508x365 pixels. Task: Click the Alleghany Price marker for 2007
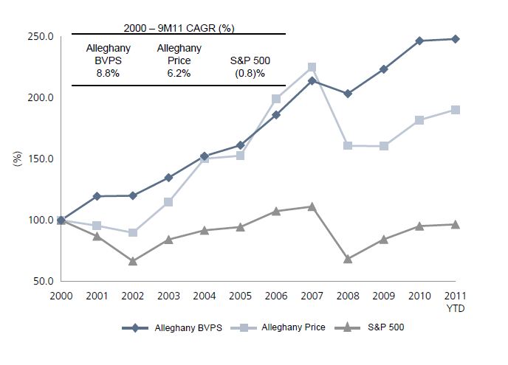point(312,67)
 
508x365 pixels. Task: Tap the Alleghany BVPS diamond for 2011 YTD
point(456,39)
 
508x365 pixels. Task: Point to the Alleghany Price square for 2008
point(348,145)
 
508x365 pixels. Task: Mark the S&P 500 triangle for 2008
point(348,259)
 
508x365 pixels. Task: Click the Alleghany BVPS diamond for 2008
point(348,94)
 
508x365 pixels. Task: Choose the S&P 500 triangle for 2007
point(312,206)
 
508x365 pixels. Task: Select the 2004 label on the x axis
point(205,296)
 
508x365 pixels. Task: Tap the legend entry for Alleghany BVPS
point(179,327)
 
